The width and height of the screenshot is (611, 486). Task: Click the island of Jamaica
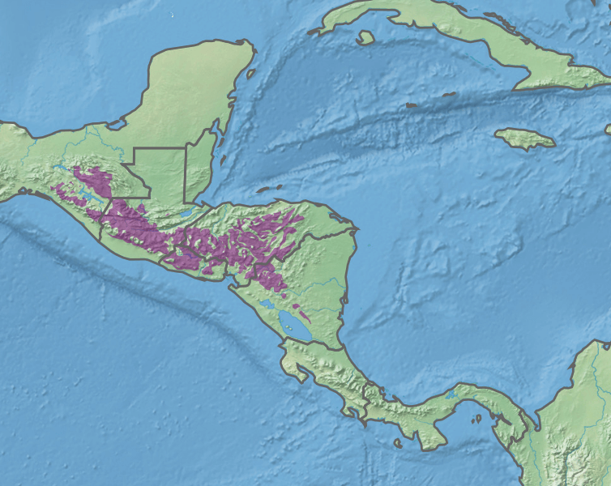click(x=525, y=139)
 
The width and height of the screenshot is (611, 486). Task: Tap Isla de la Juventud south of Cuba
click(x=365, y=37)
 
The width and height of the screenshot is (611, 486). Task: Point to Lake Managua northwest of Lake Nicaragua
click(x=267, y=305)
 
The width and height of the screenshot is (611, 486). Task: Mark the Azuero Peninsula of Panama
click(x=429, y=433)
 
